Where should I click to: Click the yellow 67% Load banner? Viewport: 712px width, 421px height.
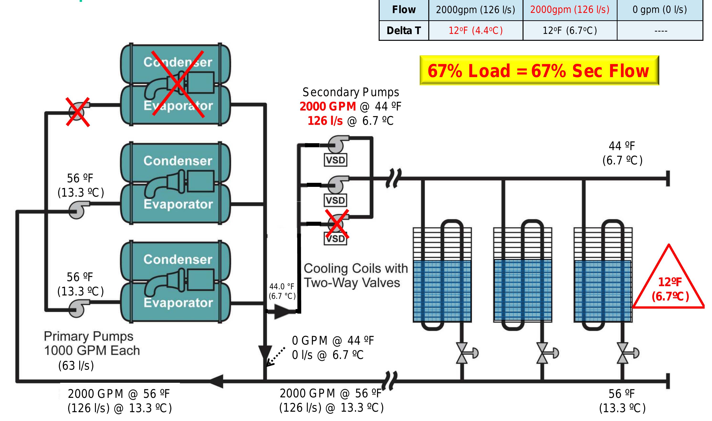click(x=539, y=70)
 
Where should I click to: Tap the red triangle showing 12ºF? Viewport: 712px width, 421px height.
click(x=669, y=284)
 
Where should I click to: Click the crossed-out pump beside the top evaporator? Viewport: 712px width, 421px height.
click(x=77, y=112)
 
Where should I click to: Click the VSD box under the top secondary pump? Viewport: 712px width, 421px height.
click(x=335, y=160)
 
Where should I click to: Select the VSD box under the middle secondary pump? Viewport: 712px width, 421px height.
click(x=335, y=200)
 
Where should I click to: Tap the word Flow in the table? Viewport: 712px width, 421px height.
click(x=403, y=10)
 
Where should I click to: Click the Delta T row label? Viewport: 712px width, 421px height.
click(x=403, y=30)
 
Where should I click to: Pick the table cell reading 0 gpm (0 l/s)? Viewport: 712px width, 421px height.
click(x=659, y=10)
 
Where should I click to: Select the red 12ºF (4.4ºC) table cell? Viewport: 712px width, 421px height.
click(x=475, y=30)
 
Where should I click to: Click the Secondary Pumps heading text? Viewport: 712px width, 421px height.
click(x=351, y=92)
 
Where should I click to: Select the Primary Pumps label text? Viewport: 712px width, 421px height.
click(x=89, y=336)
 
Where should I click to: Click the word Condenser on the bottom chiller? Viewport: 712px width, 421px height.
click(x=178, y=259)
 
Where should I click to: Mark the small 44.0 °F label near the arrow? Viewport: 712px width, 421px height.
click(x=282, y=287)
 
